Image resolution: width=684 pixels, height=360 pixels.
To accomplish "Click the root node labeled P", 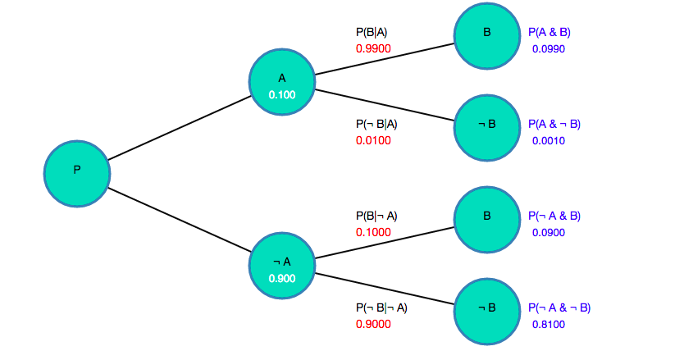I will [76, 171].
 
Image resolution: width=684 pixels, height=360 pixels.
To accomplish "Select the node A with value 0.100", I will [282, 79].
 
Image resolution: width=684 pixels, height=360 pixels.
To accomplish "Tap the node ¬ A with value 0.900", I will [282, 262].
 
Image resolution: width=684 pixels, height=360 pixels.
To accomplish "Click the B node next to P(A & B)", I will [486, 34].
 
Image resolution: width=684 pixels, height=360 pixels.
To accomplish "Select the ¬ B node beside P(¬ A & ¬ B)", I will [486, 309].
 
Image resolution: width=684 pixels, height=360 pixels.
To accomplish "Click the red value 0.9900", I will [373, 48].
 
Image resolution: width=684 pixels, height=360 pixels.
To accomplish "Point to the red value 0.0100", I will [373, 140].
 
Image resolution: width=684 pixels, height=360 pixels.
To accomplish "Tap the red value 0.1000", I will [373, 232].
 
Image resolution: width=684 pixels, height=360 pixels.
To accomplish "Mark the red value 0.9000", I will [373, 324].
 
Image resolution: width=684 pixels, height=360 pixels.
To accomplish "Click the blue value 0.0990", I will [548, 48].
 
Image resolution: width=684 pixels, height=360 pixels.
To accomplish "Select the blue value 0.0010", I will [548, 140].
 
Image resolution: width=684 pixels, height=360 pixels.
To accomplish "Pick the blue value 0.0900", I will [548, 232].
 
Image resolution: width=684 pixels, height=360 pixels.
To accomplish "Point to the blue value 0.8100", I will [548, 324].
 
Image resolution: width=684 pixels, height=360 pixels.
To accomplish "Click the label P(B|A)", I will [372, 33].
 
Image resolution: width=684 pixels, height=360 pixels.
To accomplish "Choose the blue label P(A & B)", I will [549, 33].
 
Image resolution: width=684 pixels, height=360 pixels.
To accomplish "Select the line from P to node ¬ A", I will [180, 220].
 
